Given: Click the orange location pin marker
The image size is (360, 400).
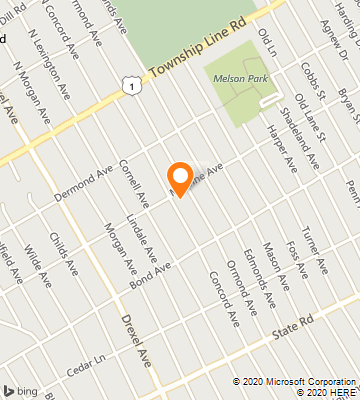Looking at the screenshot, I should tap(180, 178).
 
